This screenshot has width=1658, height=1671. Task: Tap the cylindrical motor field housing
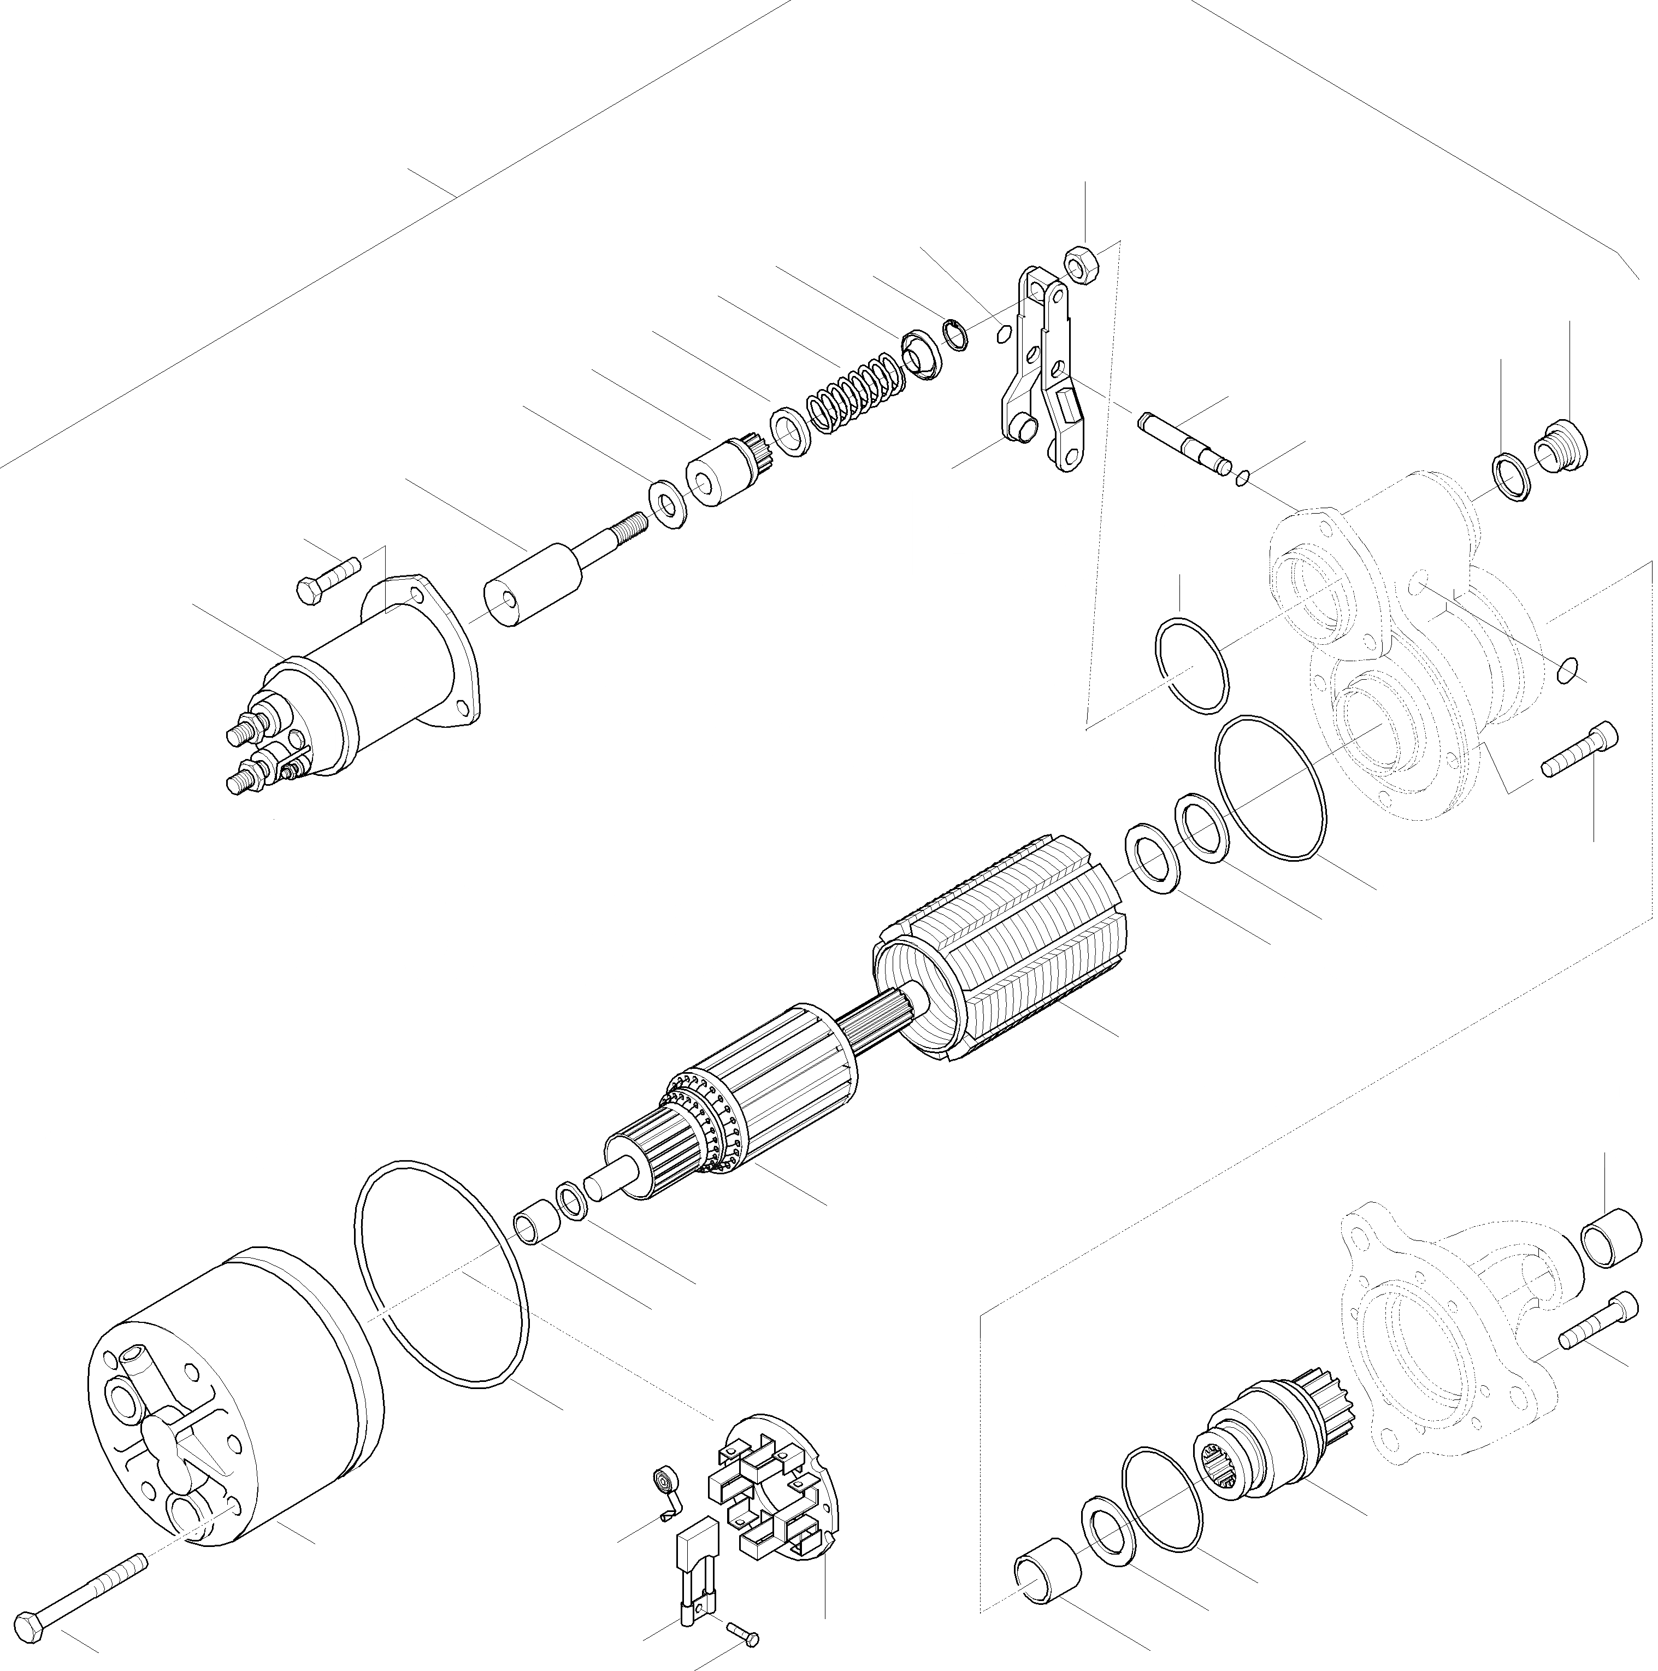tap(233, 1405)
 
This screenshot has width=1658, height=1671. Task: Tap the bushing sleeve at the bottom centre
tap(1047, 1564)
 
